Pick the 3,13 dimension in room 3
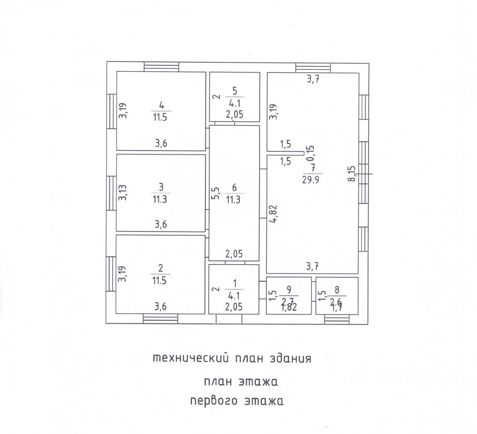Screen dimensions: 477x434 122,192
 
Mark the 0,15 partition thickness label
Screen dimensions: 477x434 311,153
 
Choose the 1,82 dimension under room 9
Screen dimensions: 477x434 289,308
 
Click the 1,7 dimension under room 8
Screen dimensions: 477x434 337,308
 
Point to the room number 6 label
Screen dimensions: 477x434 234,188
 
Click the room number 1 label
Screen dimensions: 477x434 234,283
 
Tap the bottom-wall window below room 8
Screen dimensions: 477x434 337,319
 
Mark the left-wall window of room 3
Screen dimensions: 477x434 111,193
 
